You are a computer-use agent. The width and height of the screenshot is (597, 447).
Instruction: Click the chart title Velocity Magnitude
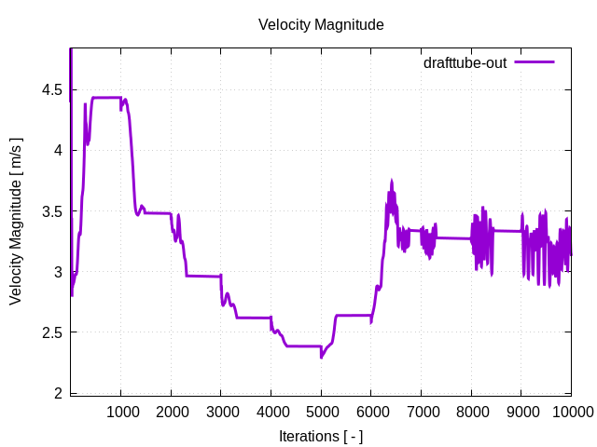point(321,25)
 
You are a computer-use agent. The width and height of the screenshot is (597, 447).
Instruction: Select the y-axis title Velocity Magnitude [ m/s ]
point(16,222)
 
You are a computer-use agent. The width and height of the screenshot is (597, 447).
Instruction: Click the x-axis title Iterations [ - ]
point(321,436)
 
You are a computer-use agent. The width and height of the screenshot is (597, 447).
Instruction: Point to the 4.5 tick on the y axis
point(52,90)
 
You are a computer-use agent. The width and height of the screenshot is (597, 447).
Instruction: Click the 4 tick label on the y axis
point(59,151)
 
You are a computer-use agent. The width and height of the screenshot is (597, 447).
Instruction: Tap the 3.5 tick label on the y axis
point(52,211)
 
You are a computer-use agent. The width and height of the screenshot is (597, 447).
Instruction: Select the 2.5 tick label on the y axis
point(52,332)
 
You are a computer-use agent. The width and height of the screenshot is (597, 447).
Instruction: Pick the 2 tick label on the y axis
point(59,393)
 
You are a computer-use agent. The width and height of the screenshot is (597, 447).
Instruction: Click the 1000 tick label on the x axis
point(120,413)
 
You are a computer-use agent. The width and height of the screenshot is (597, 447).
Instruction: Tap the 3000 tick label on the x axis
point(221,413)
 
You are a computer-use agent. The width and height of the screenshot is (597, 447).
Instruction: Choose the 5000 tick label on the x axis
point(321,413)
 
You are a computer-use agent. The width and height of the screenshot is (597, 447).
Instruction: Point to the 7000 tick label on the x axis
point(421,413)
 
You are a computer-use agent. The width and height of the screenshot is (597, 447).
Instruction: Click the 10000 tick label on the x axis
point(570,413)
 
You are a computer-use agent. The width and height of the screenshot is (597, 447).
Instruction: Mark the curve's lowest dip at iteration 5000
point(321,357)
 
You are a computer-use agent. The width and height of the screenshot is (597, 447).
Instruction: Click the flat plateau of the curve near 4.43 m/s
point(105,98)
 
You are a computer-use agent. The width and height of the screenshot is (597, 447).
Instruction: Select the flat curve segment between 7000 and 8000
point(448,237)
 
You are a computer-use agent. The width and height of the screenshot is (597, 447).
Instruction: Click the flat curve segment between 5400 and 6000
point(354,315)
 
